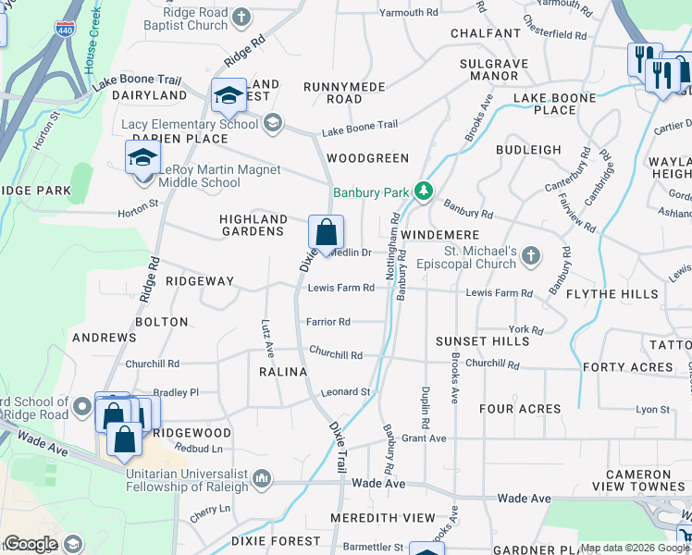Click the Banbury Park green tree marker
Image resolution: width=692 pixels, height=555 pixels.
(424, 191)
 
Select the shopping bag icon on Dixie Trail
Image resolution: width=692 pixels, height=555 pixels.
(326, 232)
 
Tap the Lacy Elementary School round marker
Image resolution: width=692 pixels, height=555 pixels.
(272, 123)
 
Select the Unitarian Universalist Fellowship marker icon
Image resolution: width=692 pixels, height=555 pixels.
(262, 478)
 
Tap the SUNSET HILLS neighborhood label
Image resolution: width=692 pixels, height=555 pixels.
(483, 341)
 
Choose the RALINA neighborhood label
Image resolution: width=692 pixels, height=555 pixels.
(283, 372)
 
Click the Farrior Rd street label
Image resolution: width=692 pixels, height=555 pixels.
(329, 322)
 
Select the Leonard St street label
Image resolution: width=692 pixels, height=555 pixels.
(345, 391)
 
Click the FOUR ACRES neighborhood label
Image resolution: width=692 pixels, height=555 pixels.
(521, 408)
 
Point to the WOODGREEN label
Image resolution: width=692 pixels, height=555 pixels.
(367, 158)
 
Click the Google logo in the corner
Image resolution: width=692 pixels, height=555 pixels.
(31, 544)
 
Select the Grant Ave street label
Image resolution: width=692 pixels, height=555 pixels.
(424, 438)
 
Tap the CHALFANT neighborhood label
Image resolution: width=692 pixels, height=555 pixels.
(486, 33)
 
